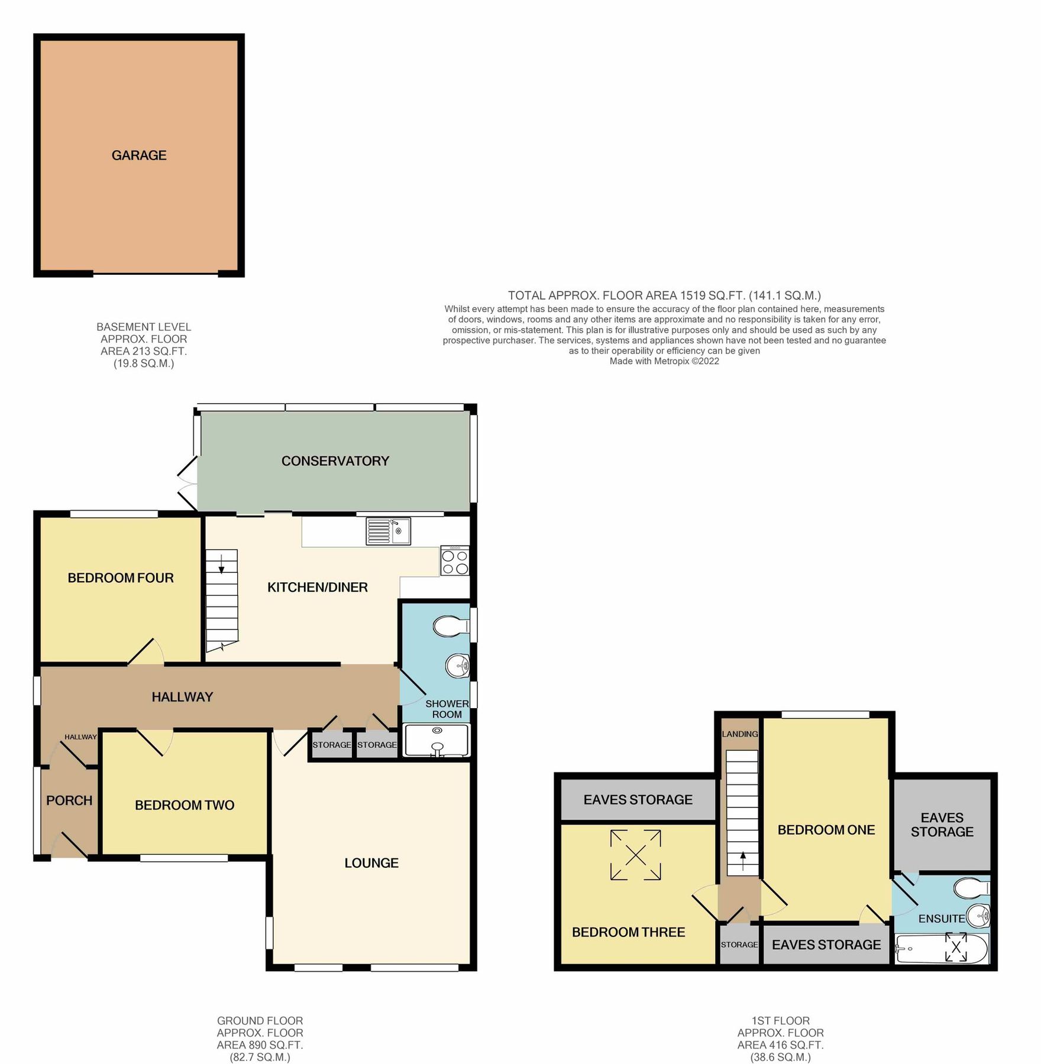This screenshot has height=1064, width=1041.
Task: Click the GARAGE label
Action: pos(139,155)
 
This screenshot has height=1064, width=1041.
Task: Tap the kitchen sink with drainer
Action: pos(388,530)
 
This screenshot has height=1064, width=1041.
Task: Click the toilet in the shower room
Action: pos(451,626)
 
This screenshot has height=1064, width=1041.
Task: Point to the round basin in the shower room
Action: pos(457,666)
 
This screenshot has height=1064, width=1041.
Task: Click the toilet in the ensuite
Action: pos(971,887)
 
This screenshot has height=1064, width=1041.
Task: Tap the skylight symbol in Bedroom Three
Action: pos(636,855)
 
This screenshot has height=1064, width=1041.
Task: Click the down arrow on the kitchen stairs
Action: pos(222,565)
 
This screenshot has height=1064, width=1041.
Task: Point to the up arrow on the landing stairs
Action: pos(743,858)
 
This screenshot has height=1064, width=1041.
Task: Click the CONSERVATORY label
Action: pos(335,461)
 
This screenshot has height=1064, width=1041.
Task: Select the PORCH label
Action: pos(69,800)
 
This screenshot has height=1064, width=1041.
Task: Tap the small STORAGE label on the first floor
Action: pos(739,945)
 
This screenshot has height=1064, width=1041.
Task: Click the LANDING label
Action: pos(739,734)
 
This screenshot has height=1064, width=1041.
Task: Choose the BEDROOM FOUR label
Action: pos(121,578)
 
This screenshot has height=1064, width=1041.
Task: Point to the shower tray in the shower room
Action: pos(437,740)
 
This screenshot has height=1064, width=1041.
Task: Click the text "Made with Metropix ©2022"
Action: pos(664,361)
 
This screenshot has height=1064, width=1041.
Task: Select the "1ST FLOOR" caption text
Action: pos(780,1020)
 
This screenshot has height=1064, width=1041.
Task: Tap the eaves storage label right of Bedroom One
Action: pos(942,825)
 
